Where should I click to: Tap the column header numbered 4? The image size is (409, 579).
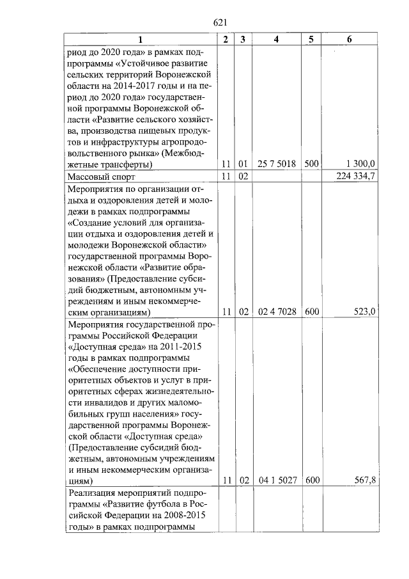point(276,40)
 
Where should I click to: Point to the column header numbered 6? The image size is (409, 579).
point(349,40)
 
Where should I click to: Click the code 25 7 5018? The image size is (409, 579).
point(276,164)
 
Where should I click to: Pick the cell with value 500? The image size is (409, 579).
point(311,164)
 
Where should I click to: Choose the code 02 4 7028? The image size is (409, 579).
point(276,312)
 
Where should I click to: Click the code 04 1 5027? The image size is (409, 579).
point(276,480)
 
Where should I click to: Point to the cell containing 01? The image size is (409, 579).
point(243,164)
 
